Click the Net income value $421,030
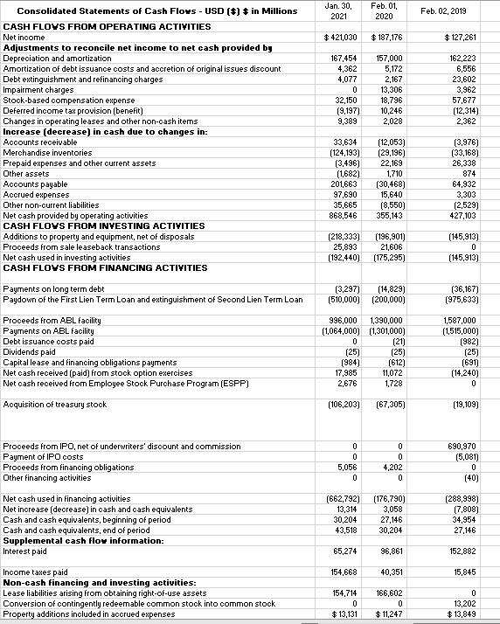[341, 38]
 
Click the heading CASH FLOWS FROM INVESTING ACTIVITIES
[104, 225]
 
